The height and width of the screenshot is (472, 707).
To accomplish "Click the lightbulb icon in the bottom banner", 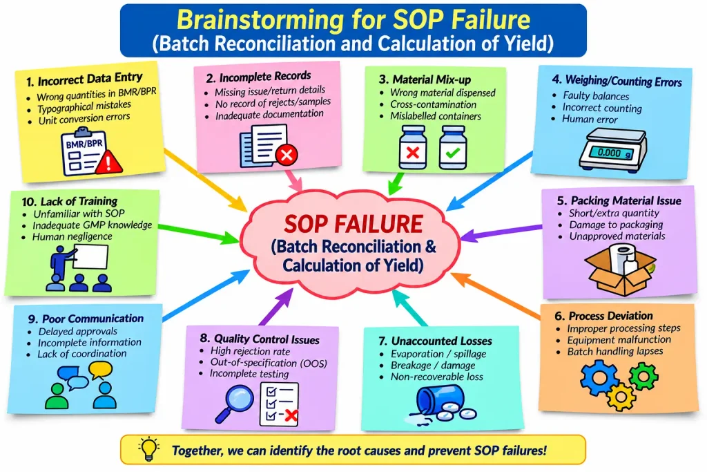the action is point(149,449).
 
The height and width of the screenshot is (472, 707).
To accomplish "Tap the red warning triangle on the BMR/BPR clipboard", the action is point(108,162).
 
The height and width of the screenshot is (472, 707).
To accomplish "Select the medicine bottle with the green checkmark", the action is point(453,148).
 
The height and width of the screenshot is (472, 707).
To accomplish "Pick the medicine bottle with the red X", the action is point(413,148).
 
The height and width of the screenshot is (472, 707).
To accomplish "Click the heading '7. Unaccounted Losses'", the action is point(435,341).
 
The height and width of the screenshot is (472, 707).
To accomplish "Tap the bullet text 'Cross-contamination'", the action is point(434,104).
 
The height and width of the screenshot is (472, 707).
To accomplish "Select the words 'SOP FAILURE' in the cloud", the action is point(353,224).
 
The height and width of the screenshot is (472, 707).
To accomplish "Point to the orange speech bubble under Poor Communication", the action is point(100,370).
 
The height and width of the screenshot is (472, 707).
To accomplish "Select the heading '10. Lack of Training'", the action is point(70,201).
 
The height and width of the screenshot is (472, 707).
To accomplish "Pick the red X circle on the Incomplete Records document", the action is point(287,155).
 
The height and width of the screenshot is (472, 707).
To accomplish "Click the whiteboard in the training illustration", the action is point(90,257).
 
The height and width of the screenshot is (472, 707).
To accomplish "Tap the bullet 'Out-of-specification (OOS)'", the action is point(269,362).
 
